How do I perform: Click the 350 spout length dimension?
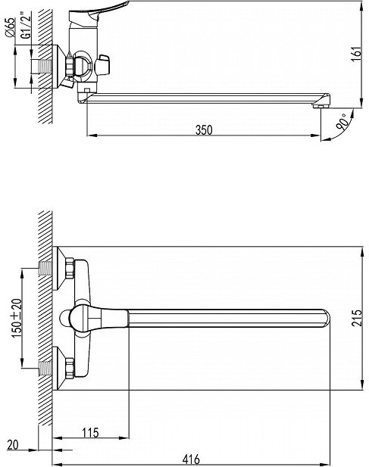[204, 130]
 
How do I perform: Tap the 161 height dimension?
[356, 54]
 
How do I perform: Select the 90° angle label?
[342, 121]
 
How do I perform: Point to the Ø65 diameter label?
[10, 27]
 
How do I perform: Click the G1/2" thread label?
[27, 25]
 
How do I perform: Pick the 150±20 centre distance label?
[17, 318]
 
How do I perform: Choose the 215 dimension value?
[356, 318]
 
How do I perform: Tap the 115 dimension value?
[90, 433]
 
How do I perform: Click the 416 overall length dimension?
[191, 459]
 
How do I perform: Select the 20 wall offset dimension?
[13, 444]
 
